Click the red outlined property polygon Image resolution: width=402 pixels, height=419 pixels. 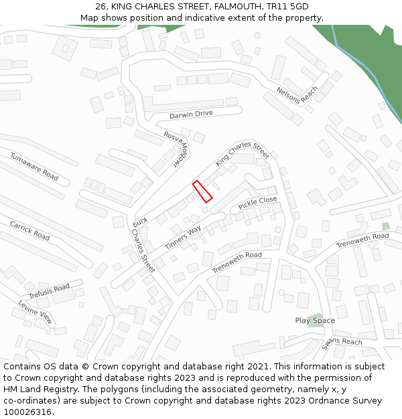tap(202, 191)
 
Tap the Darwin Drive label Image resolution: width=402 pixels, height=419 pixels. tap(191, 115)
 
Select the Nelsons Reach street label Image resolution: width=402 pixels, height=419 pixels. tap(297, 94)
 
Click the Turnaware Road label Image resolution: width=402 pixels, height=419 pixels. tap(34, 166)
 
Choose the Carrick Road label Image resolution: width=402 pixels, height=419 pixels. tap(29, 230)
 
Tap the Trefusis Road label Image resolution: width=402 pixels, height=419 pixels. tap(49, 292)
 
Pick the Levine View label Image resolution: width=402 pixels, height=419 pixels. tap(35, 312)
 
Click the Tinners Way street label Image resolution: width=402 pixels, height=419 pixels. tap(183, 238)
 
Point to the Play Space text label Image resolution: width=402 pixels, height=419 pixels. tap(315, 320)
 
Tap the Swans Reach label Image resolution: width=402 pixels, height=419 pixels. tap(342, 343)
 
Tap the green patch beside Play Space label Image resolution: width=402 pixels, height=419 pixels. tap(315, 315)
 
